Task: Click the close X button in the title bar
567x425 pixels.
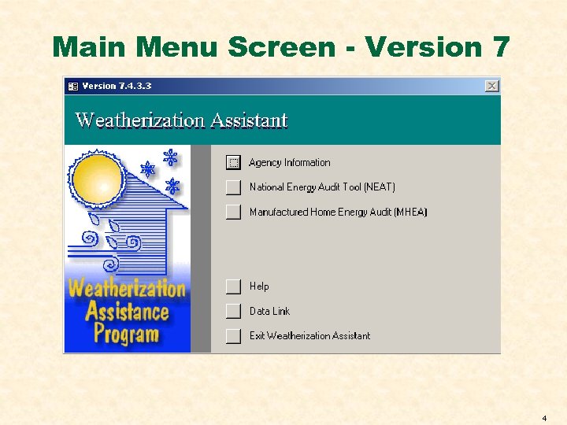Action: tap(492, 86)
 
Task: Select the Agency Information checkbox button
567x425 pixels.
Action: tap(233, 162)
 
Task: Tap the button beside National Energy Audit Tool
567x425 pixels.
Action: tap(233, 187)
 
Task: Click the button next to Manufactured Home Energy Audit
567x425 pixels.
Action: tap(233, 212)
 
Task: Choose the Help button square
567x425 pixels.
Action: tap(233, 286)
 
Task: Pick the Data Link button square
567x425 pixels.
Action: tap(233, 311)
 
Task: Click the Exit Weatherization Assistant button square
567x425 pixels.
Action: tap(233, 336)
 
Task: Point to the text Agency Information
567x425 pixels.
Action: tap(289, 163)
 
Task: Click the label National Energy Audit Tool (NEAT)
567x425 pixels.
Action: tap(322, 187)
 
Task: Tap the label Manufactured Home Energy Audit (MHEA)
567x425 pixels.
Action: tap(338, 212)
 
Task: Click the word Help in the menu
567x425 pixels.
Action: tap(259, 286)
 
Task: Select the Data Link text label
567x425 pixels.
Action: tap(269, 311)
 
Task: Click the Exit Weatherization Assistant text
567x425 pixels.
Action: tap(309, 336)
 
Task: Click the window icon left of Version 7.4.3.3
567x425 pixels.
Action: tap(72, 86)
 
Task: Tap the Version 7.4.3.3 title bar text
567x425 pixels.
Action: tap(117, 86)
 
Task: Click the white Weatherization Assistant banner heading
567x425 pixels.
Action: tap(181, 120)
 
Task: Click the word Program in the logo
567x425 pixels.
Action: tap(126, 334)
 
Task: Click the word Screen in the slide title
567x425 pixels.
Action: tap(281, 47)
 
